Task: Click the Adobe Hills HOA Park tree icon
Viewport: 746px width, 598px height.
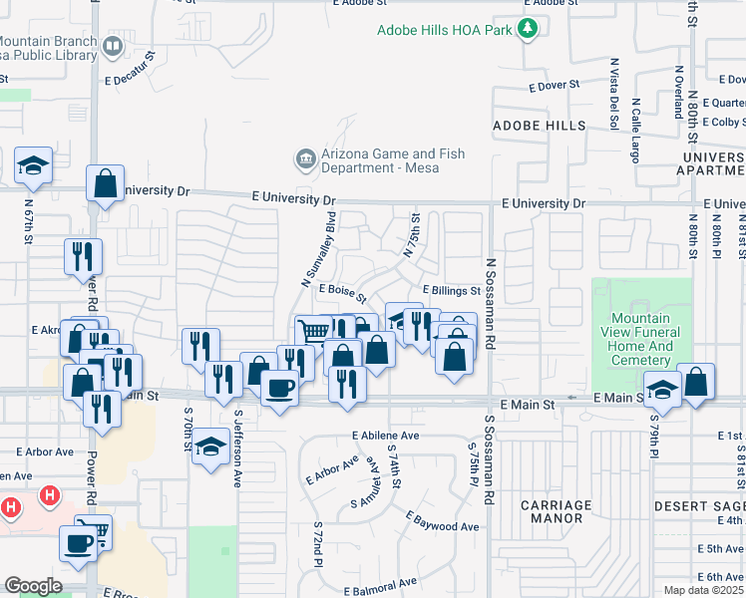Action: coord(528,30)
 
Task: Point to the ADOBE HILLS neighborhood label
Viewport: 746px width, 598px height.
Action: coord(540,126)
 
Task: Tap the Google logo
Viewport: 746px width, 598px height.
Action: coord(33,586)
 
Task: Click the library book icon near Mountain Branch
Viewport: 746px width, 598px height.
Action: coord(113,45)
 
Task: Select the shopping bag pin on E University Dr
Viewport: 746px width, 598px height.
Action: coord(105,184)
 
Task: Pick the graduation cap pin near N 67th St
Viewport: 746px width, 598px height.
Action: coord(33,166)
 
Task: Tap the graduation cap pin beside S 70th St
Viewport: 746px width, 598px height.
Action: coord(210,448)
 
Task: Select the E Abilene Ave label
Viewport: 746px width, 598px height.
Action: coord(386,436)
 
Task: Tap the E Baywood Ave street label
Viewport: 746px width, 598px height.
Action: coord(442,520)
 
